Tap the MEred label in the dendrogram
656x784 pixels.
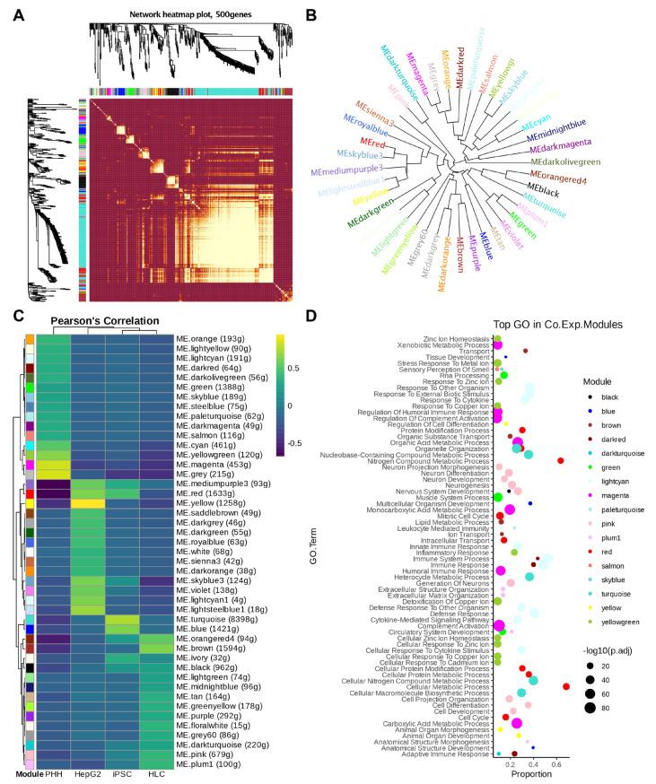[348, 142]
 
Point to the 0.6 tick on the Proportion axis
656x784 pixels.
[555, 765]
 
